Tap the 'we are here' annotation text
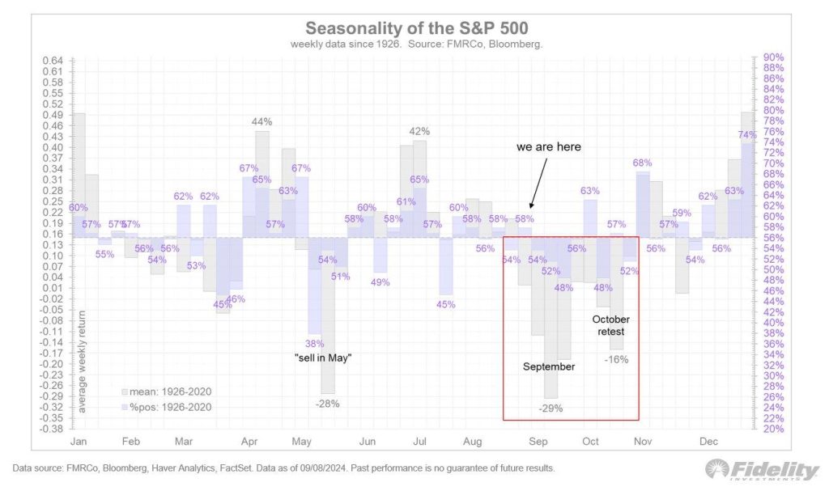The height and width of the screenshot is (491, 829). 549,148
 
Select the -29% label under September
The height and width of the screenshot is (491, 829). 550,408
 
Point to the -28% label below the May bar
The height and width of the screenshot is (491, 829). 328,403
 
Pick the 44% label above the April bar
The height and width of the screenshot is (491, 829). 261,122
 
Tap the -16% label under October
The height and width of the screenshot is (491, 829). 617,359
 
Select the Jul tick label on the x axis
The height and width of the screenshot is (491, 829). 420,442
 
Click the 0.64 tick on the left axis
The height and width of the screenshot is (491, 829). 52,61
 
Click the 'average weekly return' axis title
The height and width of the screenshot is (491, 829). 82,359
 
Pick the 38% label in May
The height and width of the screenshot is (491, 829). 314,343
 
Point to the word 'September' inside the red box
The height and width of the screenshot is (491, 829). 548,366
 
